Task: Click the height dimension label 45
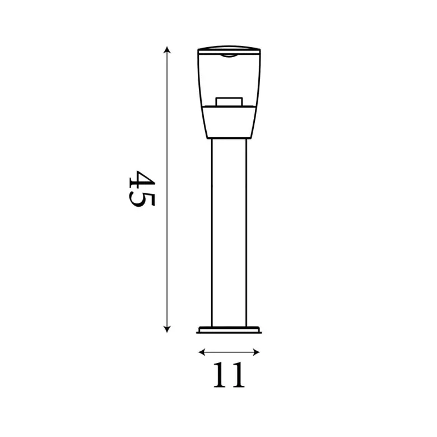pos(142,189)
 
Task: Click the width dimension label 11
pos(229,375)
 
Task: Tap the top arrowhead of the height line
pos(167,50)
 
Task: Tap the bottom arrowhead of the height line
pos(167,329)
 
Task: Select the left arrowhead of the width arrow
pos(202,352)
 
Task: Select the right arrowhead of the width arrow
pos(257,352)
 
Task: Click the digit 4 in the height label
pos(142,180)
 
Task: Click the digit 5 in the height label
pos(142,200)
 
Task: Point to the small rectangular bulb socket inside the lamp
pos(229,102)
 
